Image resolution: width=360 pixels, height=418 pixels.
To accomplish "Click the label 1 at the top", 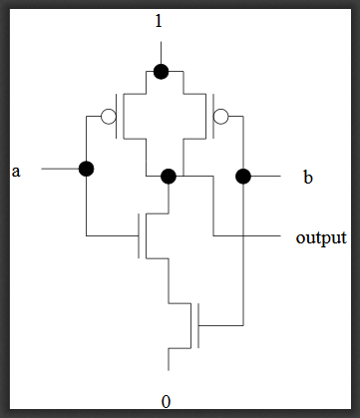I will click(x=160, y=20).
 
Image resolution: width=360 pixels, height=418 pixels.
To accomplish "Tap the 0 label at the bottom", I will click(x=166, y=401).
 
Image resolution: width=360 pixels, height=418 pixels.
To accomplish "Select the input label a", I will click(x=16, y=171).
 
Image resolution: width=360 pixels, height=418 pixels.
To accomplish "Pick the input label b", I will click(x=307, y=178).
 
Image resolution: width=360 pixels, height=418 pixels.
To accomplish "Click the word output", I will click(x=321, y=238).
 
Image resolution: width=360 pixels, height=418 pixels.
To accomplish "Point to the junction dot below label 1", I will click(x=160, y=71).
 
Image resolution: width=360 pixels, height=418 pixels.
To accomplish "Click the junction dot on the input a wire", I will click(x=86, y=169).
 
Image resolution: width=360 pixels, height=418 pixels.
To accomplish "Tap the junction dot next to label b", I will click(x=242, y=177).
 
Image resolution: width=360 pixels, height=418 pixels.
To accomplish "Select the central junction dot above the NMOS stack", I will click(x=169, y=177).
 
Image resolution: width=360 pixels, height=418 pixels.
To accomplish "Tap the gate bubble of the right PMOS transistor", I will click(x=221, y=117).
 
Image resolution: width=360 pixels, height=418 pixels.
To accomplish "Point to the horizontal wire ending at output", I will click(x=249, y=236).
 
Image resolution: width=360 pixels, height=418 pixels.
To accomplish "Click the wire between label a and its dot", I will click(x=60, y=169).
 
